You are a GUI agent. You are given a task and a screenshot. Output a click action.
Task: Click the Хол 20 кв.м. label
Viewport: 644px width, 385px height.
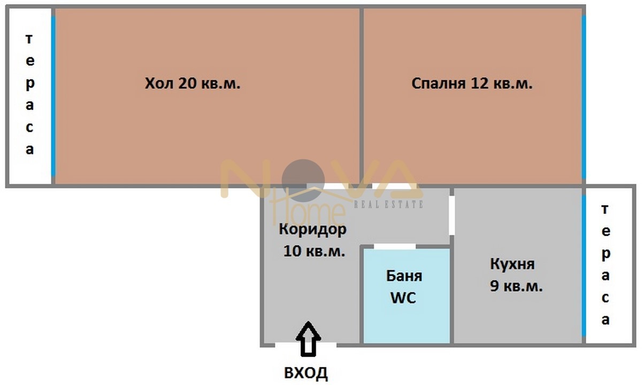tap(193, 84)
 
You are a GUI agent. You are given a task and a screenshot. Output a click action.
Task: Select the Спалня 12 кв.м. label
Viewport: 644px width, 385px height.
tap(472, 84)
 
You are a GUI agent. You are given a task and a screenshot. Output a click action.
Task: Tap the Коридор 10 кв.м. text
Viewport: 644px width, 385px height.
tap(313, 240)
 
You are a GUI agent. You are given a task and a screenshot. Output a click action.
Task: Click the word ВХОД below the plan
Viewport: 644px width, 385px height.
tap(306, 373)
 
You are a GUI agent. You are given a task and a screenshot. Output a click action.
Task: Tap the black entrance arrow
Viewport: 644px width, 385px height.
tap(308, 338)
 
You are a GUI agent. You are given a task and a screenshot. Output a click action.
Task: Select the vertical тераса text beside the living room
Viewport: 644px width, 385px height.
tap(29, 95)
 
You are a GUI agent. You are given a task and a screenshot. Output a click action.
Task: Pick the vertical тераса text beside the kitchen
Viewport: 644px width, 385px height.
tap(605, 265)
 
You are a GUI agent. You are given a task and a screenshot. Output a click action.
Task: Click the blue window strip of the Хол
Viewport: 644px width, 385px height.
tap(53, 96)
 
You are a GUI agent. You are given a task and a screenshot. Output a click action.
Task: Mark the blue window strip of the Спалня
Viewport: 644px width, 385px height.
tap(584, 96)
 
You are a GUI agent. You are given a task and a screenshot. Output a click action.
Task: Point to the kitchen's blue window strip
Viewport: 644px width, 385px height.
tap(584, 265)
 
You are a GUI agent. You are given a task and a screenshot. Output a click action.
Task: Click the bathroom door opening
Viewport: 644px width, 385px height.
tap(395, 247)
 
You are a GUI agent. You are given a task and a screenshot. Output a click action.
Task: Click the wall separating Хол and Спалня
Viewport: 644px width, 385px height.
tap(362, 96)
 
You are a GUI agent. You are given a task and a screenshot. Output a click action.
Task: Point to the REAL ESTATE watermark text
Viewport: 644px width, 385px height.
tap(389, 204)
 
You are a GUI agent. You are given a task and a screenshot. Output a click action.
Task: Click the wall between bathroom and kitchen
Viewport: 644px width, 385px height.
tap(451, 294)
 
